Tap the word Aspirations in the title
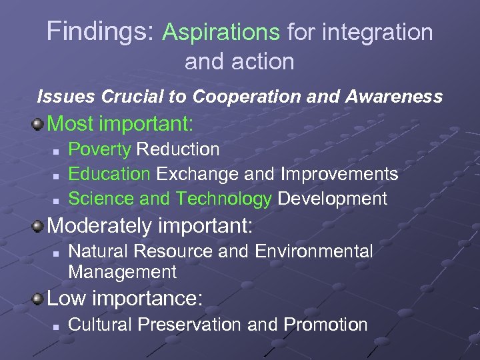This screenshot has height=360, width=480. point(221,31)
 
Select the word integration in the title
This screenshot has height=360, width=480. point(377,31)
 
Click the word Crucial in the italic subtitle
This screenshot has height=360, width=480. point(130,97)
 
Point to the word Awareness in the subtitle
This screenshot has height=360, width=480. point(393,97)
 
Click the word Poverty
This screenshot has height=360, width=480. point(100,149)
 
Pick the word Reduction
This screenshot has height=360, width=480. point(178,149)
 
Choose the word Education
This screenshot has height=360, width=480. point(109,174)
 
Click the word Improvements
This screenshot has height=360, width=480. point(339,174)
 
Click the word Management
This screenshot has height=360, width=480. point(123,272)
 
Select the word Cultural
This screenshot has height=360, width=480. point(100,325)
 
